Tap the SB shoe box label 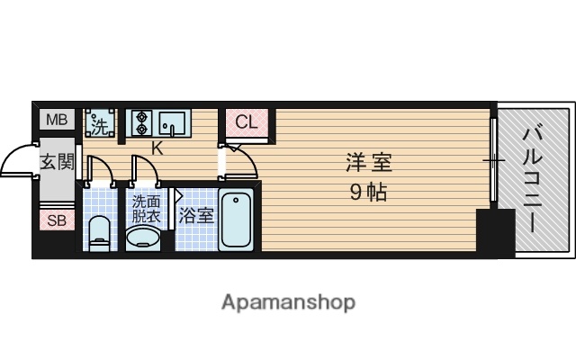56,220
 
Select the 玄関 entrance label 56,163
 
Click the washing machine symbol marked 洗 101,121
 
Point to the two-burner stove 141,122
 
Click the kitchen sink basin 173,121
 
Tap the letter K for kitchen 157,148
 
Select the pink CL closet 247,122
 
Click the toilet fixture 99,231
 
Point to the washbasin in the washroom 143,238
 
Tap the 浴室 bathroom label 196,216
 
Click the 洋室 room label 369,166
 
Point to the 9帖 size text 369,192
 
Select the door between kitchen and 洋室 238,162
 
